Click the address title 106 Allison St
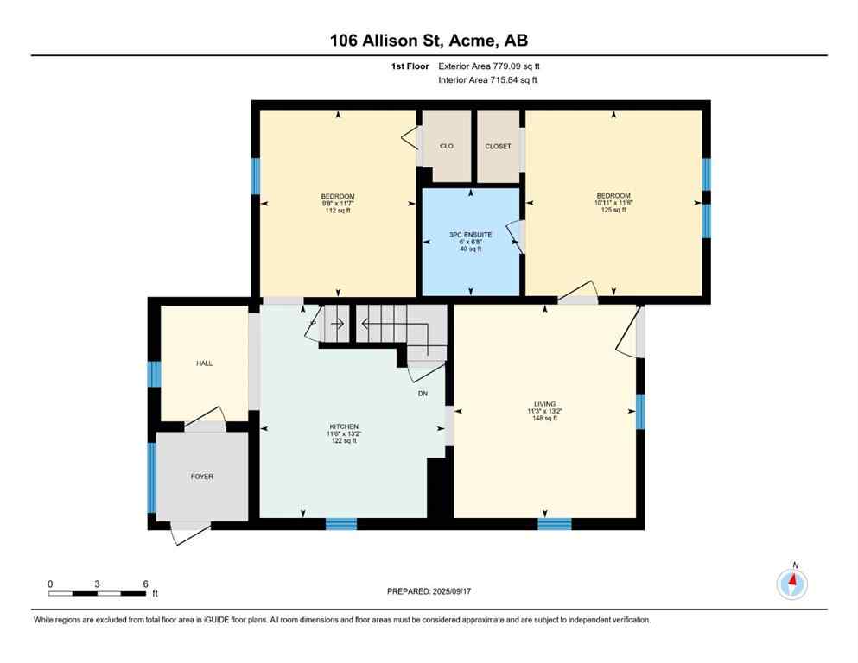click(x=429, y=41)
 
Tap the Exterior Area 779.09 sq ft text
click(x=490, y=66)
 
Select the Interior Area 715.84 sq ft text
click(x=488, y=80)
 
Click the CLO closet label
click(x=446, y=146)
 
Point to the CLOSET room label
click(x=498, y=146)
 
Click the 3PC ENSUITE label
click(x=470, y=234)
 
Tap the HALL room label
click(x=204, y=363)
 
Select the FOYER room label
click(x=201, y=477)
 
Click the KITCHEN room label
click(x=343, y=426)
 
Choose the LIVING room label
click(x=544, y=404)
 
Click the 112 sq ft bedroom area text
click(x=337, y=211)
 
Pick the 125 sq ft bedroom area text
click(x=613, y=210)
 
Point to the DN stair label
click(x=423, y=394)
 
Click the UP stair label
click(x=312, y=324)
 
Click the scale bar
click(x=97, y=593)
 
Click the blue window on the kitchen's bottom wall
click(x=341, y=523)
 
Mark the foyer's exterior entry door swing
click(x=189, y=533)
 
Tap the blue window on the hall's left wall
click(x=154, y=374)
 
